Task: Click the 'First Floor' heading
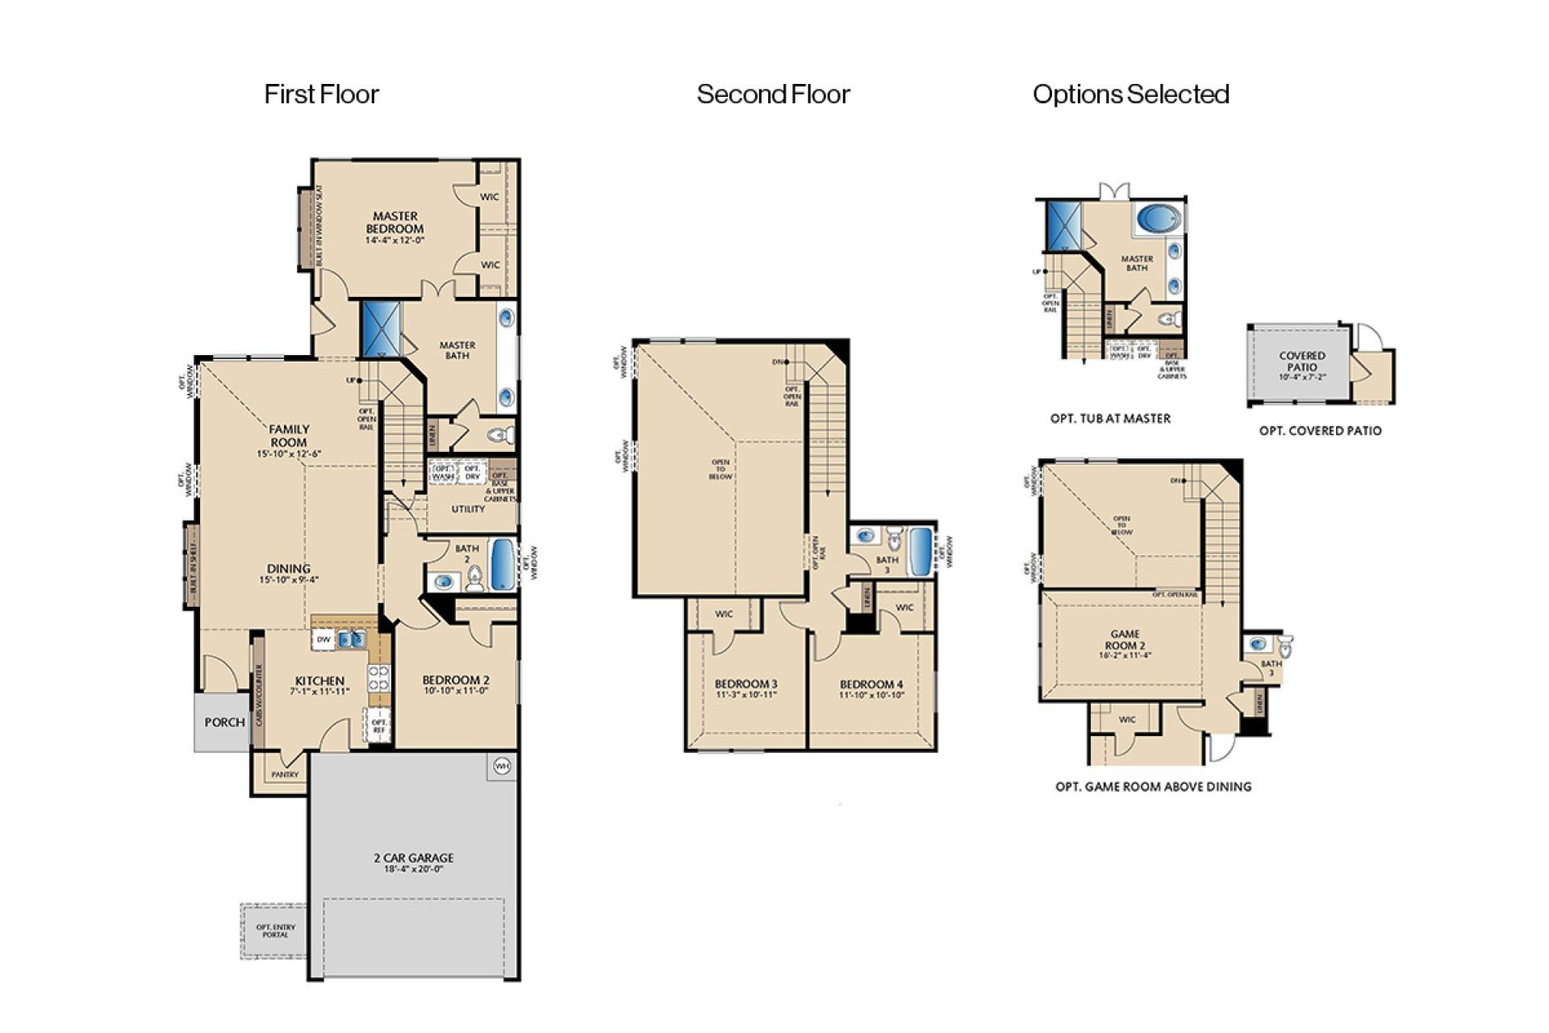point(321,94)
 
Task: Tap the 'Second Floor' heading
point(773,94)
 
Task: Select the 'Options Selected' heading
point(1130,94)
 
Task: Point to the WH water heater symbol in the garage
point(502,766)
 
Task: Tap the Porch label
point(223,722)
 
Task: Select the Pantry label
point(285,775)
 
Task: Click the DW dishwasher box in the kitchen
point(324,640)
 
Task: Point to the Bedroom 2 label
point(456,684)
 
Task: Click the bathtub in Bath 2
point(503,564)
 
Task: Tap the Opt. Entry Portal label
point(275,931)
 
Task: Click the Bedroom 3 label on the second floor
point(745,688)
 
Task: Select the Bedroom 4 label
point(871,688)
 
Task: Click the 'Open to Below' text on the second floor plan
point(720,469)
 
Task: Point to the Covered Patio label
point(1301,361)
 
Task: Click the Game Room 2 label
point(1125,644)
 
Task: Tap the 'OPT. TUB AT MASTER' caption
point(1110,419)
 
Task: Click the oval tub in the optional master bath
point(1158,218)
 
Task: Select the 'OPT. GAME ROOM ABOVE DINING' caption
point(1153,787)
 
